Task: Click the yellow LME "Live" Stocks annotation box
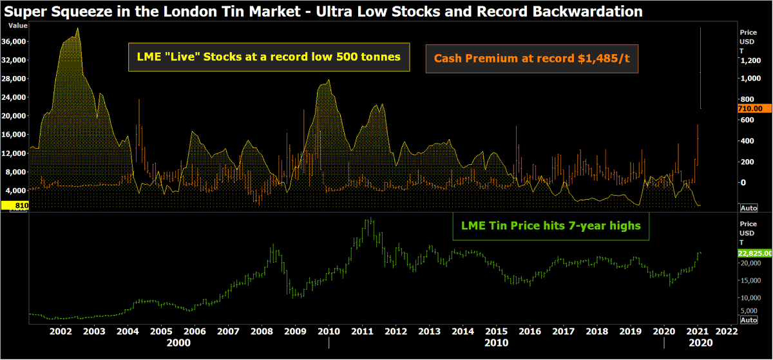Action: [x=269, y=57]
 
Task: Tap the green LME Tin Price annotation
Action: [x=550, y=226]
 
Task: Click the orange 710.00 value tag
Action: [x=750, y=109]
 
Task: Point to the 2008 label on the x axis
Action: [x=262, y=332]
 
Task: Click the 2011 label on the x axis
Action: [x=363, y=332]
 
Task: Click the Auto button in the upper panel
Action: [x=749, y=208]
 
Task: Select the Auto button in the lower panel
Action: [x=749, y=319]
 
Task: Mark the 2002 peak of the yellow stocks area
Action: [x=77, y=28]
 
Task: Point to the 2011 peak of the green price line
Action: [x=369, y=219]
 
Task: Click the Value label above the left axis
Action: [x=18, y=25]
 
